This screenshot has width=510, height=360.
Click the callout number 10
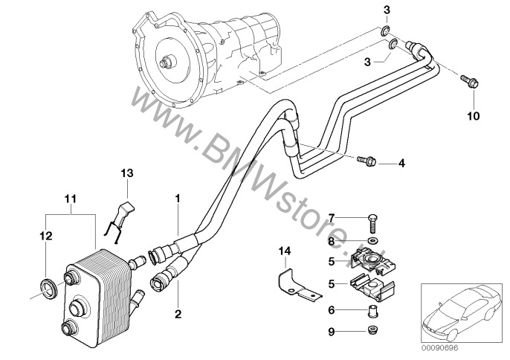(x=473, y=116)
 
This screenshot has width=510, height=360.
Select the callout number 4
(x=402, y=162)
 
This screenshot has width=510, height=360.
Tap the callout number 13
(x=126, y=173)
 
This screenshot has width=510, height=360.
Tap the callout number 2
(x=178, y=315)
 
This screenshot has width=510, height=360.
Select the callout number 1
(x=177, y=199)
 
